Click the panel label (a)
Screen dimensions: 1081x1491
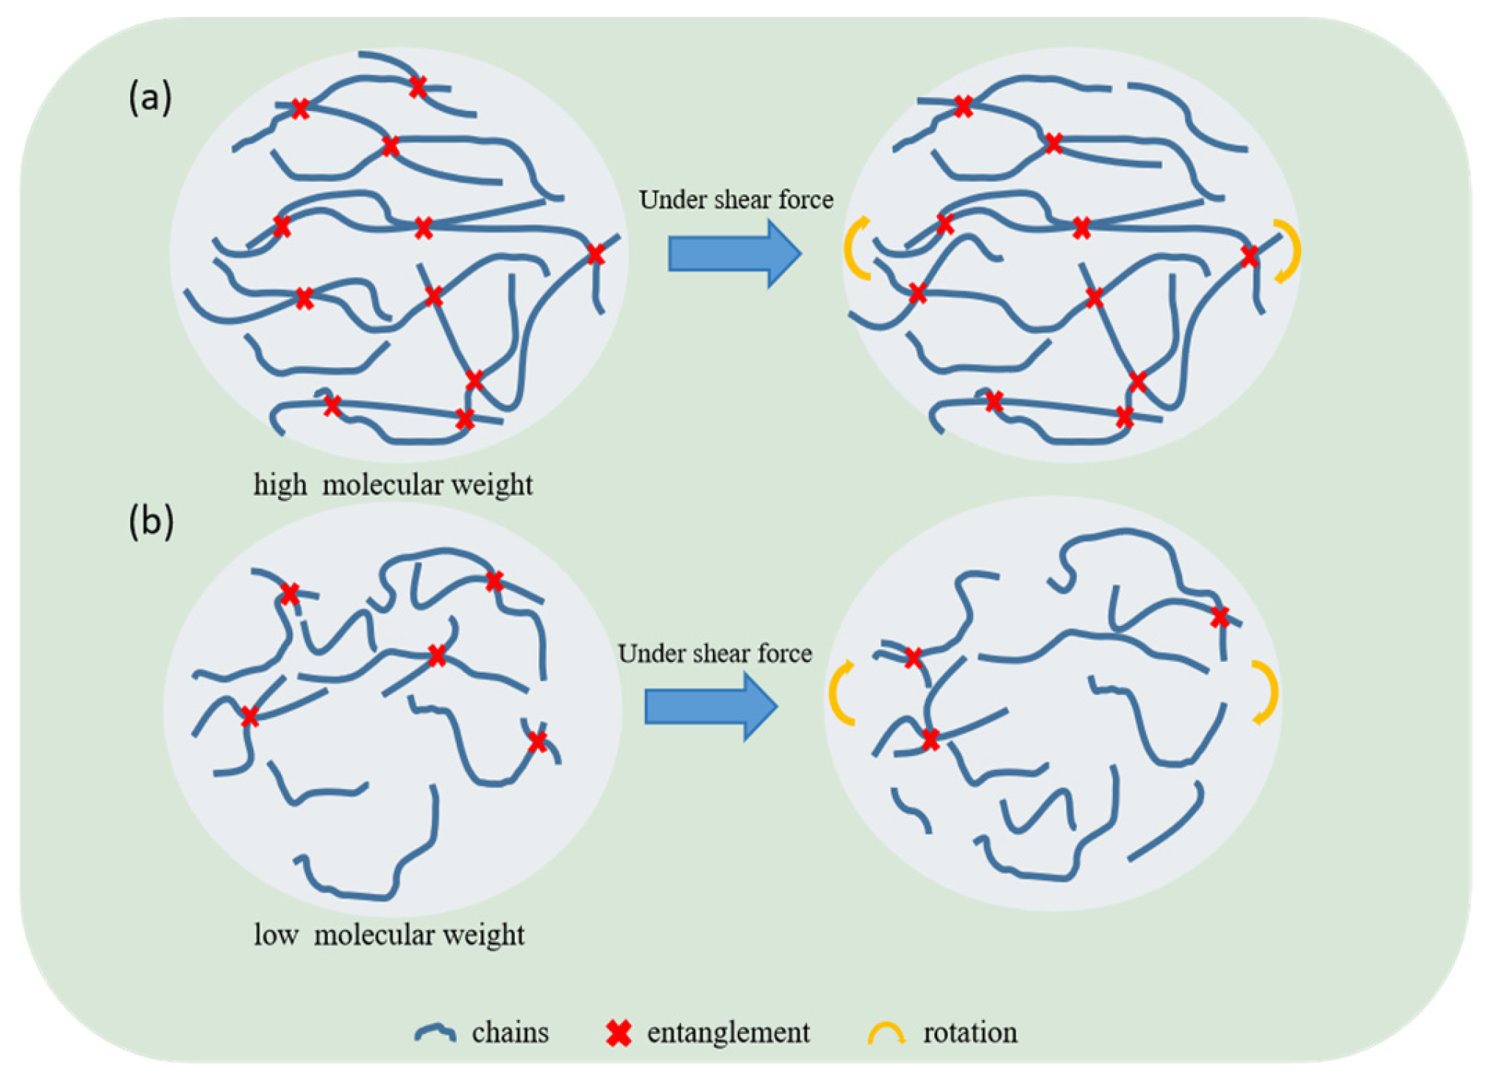(x=150, y=97)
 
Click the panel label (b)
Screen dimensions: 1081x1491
(x=151, y=521)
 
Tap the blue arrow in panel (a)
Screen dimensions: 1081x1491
(x=733, y=254)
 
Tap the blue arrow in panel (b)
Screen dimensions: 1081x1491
(x=710, y=707)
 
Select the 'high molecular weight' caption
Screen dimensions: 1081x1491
(x=393, y=485)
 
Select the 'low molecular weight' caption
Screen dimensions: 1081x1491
(x=388, y=935)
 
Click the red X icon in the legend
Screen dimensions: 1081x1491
(x=619, y=1033)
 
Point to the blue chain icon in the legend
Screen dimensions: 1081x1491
(x=435, y=1033)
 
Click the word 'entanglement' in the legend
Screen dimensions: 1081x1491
(x=728, y=1032)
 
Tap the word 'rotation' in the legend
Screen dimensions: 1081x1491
(x=970, y=1032)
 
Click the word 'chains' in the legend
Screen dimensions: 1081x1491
(x=510, y=1032)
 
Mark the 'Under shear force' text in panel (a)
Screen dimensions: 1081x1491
(x=736, y=199)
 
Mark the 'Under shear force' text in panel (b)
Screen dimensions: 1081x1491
(x=714, y=653)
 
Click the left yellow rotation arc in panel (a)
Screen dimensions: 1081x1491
(x=855, y=249)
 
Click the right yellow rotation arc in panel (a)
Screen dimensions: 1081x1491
(x=1289, y=251)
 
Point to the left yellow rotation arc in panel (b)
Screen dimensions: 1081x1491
(x=840, y=693)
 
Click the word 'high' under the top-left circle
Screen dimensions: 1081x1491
(x=280, y=485)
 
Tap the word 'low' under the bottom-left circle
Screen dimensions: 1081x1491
(x=276, y=935)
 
